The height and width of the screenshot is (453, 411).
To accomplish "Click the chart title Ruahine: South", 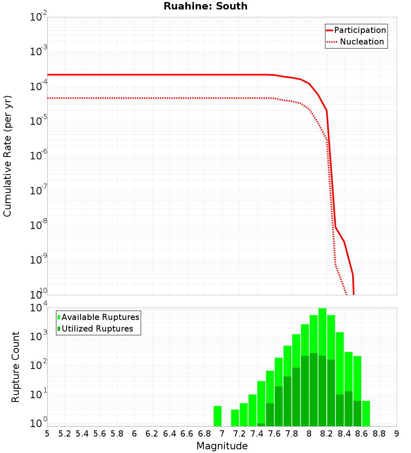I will point(205,6).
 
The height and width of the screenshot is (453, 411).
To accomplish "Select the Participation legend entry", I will point(360,30).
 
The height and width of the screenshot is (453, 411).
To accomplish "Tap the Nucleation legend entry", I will point(362,42).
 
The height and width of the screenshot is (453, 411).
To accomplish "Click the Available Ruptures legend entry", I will point(100,317).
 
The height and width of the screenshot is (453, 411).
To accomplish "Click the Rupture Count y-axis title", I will point(16,367).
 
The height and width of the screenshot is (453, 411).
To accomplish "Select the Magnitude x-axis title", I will point(222,446).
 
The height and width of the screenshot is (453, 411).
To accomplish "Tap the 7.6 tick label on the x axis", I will point(274,434).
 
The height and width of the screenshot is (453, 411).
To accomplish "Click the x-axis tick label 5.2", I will point(65,434).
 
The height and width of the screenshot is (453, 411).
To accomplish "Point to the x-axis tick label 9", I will point(397,434).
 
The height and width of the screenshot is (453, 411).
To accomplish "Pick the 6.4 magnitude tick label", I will point(169,434).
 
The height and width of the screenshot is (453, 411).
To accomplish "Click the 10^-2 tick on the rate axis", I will point(39,17).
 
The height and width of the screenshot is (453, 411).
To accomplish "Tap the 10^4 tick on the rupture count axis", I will point(39,308).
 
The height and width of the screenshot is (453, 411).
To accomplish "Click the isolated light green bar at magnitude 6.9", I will point(217,416).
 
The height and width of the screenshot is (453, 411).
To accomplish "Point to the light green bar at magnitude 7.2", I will point(244,415).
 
